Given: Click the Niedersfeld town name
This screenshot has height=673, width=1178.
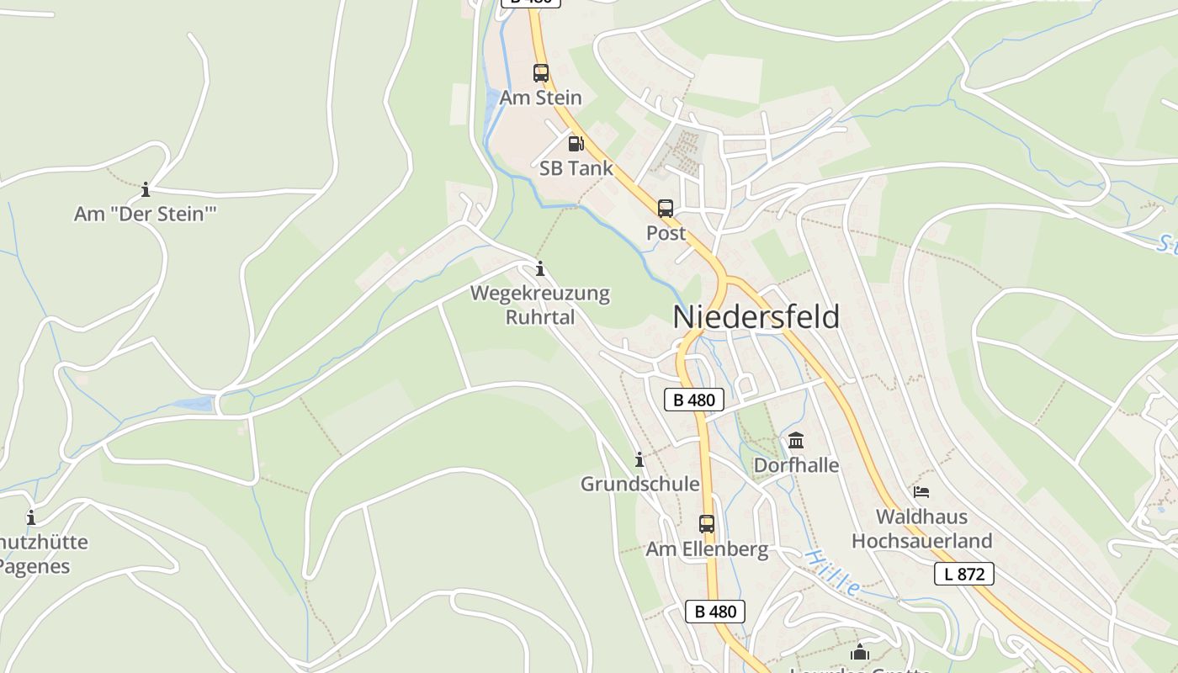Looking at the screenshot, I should tap(756, 317).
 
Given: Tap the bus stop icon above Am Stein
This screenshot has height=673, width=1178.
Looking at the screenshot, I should tap(540, 73).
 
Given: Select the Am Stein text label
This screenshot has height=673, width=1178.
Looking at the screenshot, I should tap(540, 98).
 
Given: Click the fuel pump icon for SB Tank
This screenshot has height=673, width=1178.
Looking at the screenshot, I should tap(576, 144).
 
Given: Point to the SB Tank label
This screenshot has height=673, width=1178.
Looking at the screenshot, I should tap(576, 168).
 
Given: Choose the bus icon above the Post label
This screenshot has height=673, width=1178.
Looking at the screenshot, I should tap(666, 209).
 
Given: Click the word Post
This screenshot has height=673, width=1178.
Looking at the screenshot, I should tap(666, 233).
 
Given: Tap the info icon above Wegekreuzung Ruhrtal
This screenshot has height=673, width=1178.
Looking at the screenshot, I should tap(540, 269).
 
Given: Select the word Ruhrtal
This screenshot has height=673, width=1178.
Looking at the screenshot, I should tap(540, 317).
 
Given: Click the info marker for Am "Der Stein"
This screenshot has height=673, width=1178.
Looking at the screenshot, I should tap(146, 189).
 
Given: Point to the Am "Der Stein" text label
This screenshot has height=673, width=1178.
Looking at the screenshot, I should tap(146, 214).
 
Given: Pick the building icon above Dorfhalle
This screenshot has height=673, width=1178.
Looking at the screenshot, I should tap(796, 440).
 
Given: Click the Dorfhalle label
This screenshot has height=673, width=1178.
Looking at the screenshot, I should tap(796, 465).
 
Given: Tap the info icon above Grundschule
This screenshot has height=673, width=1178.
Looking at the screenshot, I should tap(639, 459).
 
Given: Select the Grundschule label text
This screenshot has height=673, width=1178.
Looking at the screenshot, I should tap(639, 484).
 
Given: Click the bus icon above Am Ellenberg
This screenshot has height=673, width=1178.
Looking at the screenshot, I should tap(707, 524).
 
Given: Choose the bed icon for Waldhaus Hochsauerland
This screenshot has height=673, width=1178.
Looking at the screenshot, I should tap(921, 491).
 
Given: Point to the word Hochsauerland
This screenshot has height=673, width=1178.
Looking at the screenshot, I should tap(921, 540).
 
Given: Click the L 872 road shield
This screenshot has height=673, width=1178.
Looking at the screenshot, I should tap(964, 575).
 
